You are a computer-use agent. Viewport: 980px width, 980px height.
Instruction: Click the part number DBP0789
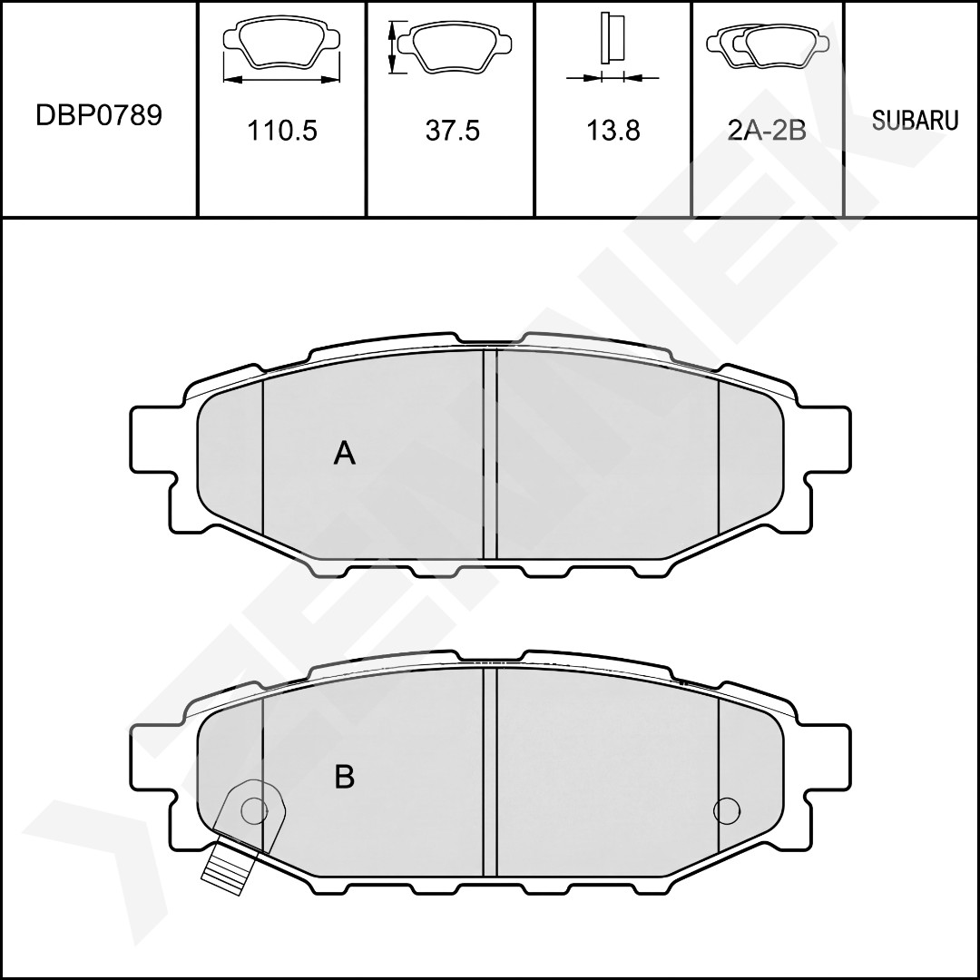click(x=99, y=115)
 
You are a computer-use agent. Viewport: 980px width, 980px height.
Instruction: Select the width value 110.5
click(x=282, y=131)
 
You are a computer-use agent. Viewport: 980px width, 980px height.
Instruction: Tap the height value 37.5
click(x=453, y=131)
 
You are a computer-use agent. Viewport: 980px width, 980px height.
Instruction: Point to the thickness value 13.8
click(x=613, y=131)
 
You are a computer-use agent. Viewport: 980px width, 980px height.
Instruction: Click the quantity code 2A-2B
click(x=767, y=131)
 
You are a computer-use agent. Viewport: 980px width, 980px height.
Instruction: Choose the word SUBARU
click(x=915, y=120)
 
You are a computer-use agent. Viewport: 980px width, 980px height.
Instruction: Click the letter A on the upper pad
click(x=345, y=453)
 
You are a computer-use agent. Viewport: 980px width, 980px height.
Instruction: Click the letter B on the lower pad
click(x=345, y=777)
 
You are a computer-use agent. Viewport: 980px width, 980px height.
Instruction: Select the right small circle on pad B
click(x=726, y=810)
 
